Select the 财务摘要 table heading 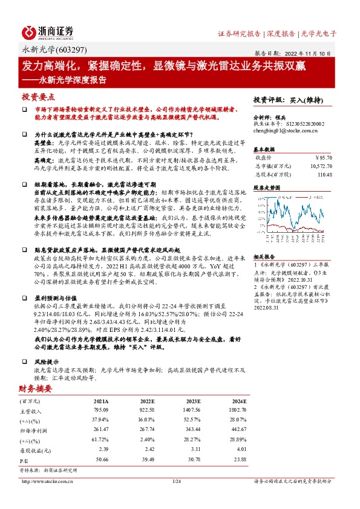click(34, 389)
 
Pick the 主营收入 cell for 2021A click(100, 410)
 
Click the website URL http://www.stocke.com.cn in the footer click(48, 481)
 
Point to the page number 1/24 click(177, 481)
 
